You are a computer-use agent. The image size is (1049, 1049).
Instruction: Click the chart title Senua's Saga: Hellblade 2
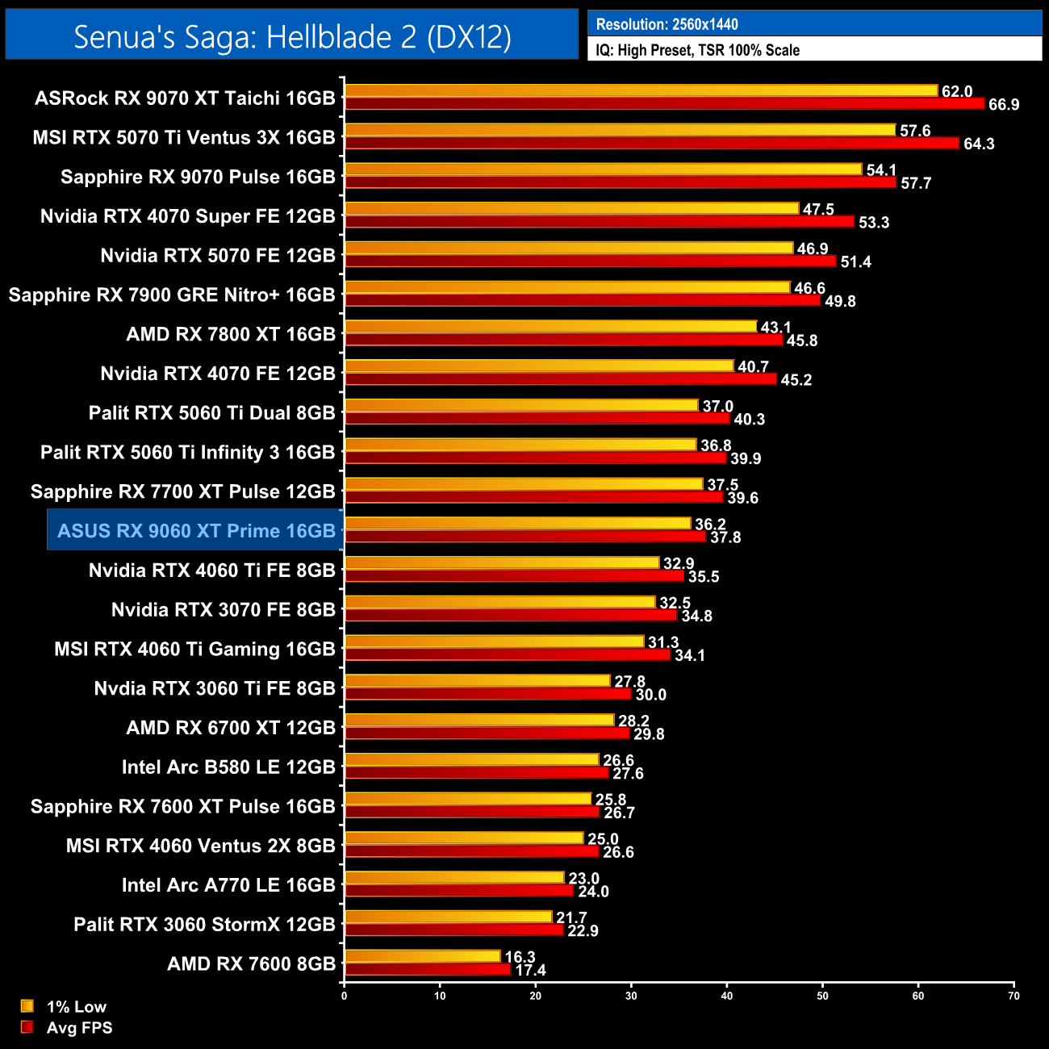pos(292,36)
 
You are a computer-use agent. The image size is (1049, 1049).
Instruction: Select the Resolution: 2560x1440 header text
pos(667,24)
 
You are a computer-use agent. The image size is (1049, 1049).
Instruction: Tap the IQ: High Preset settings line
pos(697,50)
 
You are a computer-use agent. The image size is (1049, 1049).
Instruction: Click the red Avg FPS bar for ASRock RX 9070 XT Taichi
pos(664,104)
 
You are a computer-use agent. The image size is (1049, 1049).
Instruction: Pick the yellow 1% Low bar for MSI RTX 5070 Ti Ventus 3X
pos(620,130)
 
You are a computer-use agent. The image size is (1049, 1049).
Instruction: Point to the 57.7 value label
pos(916,183)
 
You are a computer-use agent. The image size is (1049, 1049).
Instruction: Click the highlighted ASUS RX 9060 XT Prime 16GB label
pos(196,531)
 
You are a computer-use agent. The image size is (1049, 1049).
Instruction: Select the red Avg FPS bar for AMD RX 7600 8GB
pos(428,970)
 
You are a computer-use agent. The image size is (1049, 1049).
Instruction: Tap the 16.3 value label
pos(520,957)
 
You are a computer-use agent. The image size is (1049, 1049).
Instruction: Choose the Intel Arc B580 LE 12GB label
pos(228,767)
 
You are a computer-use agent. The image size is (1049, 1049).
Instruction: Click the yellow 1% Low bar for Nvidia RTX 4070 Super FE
pos(571,209)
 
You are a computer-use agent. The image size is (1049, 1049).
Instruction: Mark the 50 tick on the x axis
pos(822,996)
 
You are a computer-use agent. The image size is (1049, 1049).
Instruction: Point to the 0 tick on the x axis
pos(345,996)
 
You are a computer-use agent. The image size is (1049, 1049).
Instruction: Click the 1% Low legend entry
pos(76,1006)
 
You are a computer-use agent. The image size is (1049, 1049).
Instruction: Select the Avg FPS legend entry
pos(79,1028)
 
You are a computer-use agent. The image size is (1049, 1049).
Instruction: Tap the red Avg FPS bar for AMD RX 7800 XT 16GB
pos(563,340)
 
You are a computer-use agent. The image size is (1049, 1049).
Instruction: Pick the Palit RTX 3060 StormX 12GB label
pos(204,925)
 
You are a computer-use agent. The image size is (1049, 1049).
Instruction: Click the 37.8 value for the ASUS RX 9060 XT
pos(725,537)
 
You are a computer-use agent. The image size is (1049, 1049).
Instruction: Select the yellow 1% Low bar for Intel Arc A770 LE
pos(454,878)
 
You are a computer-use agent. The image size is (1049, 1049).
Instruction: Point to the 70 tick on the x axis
pos(1013,996)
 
